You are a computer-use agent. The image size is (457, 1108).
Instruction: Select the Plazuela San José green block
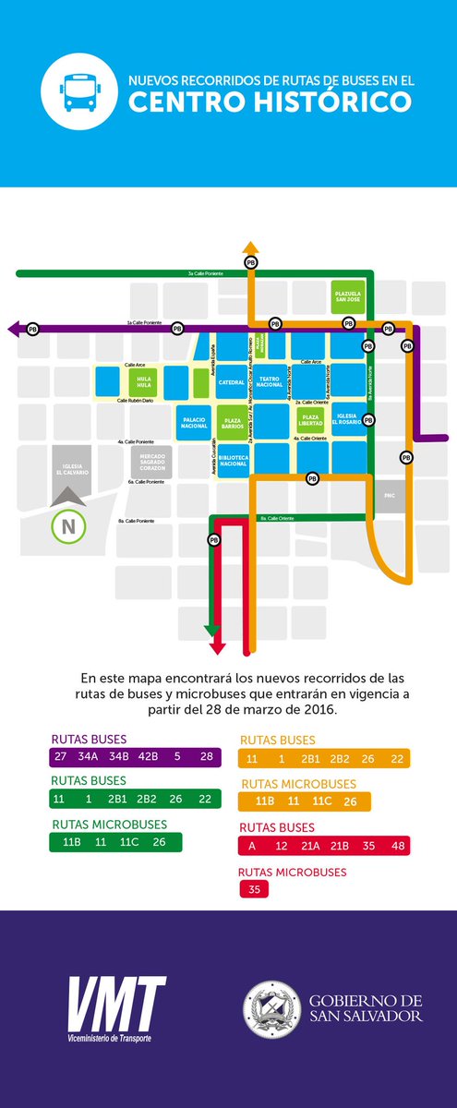347,297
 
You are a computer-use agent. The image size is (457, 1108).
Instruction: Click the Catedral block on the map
232,382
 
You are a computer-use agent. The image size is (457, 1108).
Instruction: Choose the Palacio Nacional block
194,422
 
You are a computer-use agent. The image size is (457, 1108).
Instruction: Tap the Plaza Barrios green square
234,422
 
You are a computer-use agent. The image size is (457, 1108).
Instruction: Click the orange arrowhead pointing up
248,246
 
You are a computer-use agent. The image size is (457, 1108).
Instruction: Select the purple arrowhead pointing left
14,328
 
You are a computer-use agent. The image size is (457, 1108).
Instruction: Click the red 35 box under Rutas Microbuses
253,890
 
